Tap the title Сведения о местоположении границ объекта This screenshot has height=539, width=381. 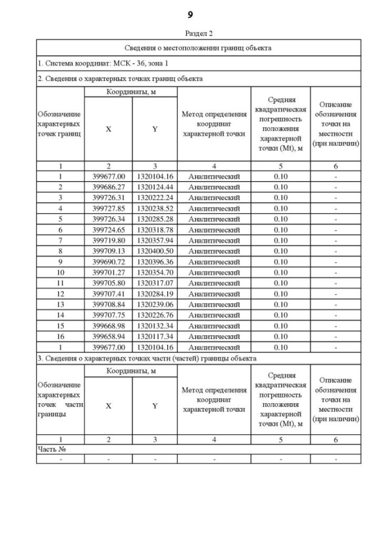pos(199,48)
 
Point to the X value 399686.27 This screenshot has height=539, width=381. pos(108,187)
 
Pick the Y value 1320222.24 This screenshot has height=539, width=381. pos(155,197)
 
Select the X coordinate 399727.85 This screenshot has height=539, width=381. pos(108,208)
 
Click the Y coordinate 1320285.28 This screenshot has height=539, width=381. pos(155,219)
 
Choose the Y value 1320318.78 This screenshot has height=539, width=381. pos(155,229)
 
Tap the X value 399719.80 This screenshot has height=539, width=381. pos(108,240)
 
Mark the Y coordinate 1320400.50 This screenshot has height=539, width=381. pos(155,251)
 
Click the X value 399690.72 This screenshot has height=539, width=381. pos(108,261)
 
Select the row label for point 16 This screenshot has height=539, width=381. pos(60,337)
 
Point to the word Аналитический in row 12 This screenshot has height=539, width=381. pos(214,294)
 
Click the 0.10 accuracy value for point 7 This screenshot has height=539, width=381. pos(280,240)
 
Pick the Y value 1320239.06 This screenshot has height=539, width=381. pos(155,304)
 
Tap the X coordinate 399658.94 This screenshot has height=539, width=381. pos(108,337)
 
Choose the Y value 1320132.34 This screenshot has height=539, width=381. pos(155,326)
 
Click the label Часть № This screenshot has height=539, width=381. pos(51,449)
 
